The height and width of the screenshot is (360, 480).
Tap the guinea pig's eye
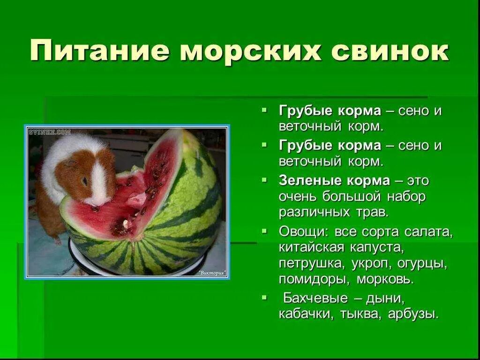pyautogui.click(x=85, y=180)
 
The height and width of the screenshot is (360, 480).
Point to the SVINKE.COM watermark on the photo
pyautogui.click(x=49, y=133)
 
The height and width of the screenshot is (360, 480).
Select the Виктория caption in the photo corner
pyautogui.click(x=211, y=272)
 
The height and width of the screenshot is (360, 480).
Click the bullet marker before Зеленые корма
pyautogui.click(x=265, y=180)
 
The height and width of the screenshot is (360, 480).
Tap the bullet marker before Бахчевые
pyautogui.click(x=265, y=297)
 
